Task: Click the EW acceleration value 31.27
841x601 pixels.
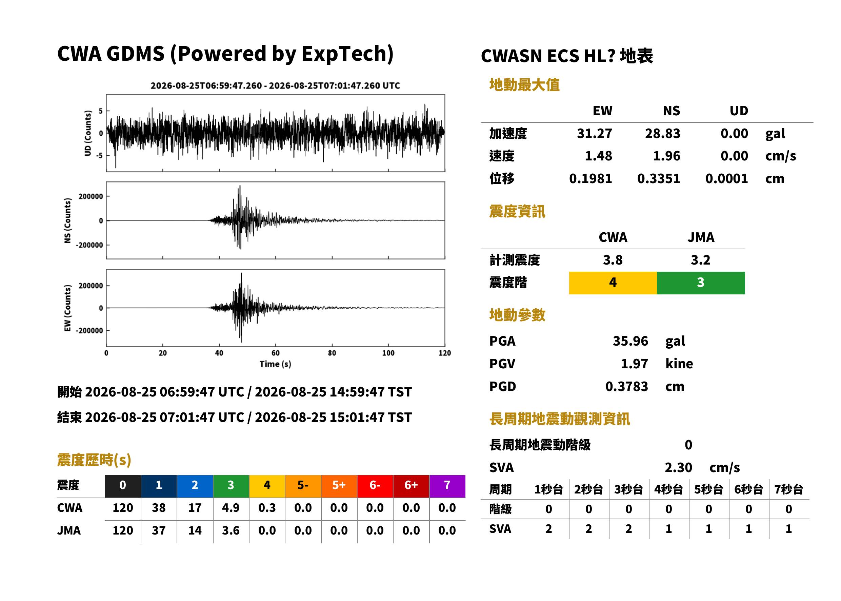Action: point(594,134)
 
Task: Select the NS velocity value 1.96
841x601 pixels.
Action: point(666,156)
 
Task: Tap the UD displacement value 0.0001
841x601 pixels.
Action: point(726,179)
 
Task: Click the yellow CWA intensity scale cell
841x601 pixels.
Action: point(613,283)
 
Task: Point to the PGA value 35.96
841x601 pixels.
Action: point(630,341)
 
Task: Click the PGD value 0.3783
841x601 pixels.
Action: point(626,386)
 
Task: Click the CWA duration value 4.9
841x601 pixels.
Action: point(231,508)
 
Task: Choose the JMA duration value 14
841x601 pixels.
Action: point(195,530)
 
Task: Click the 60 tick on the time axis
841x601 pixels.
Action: point(276,353)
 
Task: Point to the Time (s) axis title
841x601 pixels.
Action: point(275,364)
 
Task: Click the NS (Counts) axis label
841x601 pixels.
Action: point(67,220)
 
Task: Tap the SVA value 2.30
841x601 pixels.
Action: point(678,468)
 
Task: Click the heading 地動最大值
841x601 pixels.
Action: point(524,85)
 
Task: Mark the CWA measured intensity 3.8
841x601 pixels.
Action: point(613,260)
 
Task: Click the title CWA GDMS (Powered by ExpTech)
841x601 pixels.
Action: point(225,53)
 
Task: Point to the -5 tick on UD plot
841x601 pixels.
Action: point(99,155)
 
